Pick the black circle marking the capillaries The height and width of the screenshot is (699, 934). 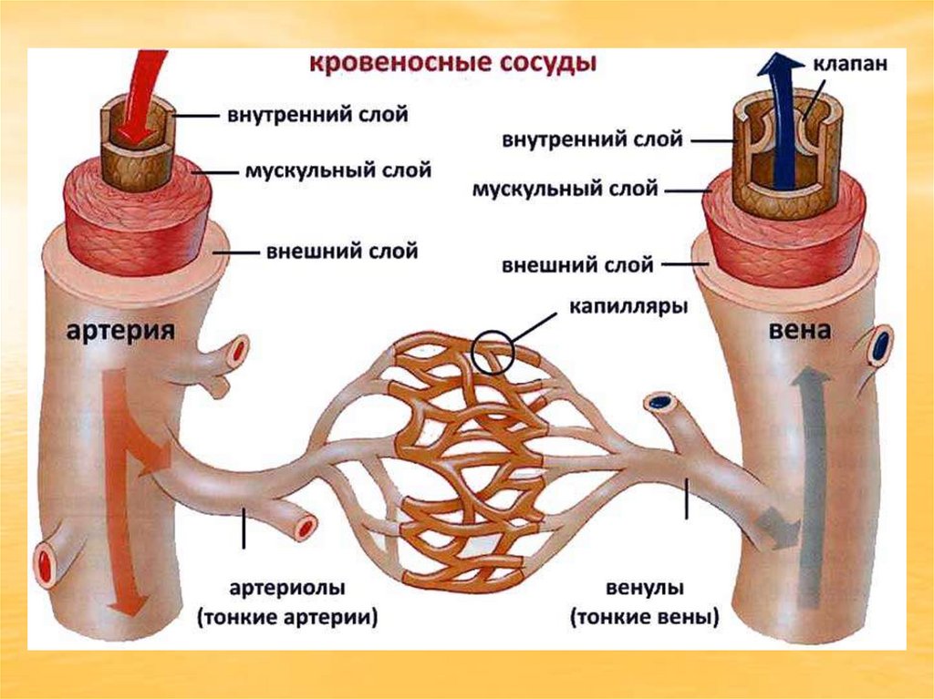pos(494,351)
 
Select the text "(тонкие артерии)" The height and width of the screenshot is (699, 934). pos(288,617)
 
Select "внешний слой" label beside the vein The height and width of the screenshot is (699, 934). pos(577,266)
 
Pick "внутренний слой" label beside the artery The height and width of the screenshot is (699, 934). pos(317,116)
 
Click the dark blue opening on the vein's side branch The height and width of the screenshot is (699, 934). pos(881,346)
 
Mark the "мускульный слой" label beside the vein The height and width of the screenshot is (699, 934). pos(565,190)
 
